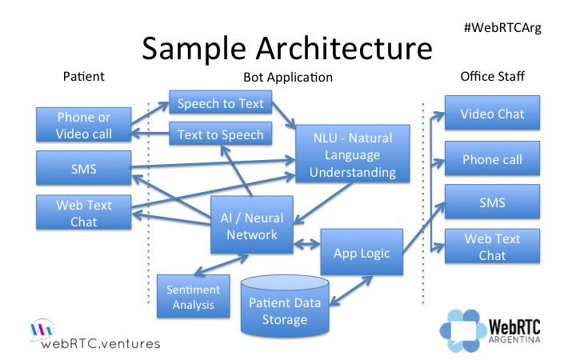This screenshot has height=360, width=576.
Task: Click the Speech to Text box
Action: click(x=221, y=104)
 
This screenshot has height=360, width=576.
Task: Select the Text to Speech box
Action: click(x=221, y=134)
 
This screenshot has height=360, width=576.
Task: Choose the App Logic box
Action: click(x=362, y=253)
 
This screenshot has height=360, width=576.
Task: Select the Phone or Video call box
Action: click(x=84, y=126)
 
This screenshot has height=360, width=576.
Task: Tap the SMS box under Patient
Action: click(x=84, y=170)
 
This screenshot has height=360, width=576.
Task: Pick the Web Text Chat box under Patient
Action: click(x=84, y=212)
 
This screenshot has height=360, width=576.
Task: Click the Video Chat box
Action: click(x=492, y=114)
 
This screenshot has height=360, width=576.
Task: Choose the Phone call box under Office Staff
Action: click(x=492, y=159)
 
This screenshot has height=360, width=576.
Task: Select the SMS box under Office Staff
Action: click(x=492, y=202)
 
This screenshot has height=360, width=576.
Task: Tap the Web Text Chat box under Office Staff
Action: click(x=492, y=246)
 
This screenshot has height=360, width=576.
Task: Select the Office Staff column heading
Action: click(x=493, y=77)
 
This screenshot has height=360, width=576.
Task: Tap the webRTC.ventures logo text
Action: click(x=100, y=343)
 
